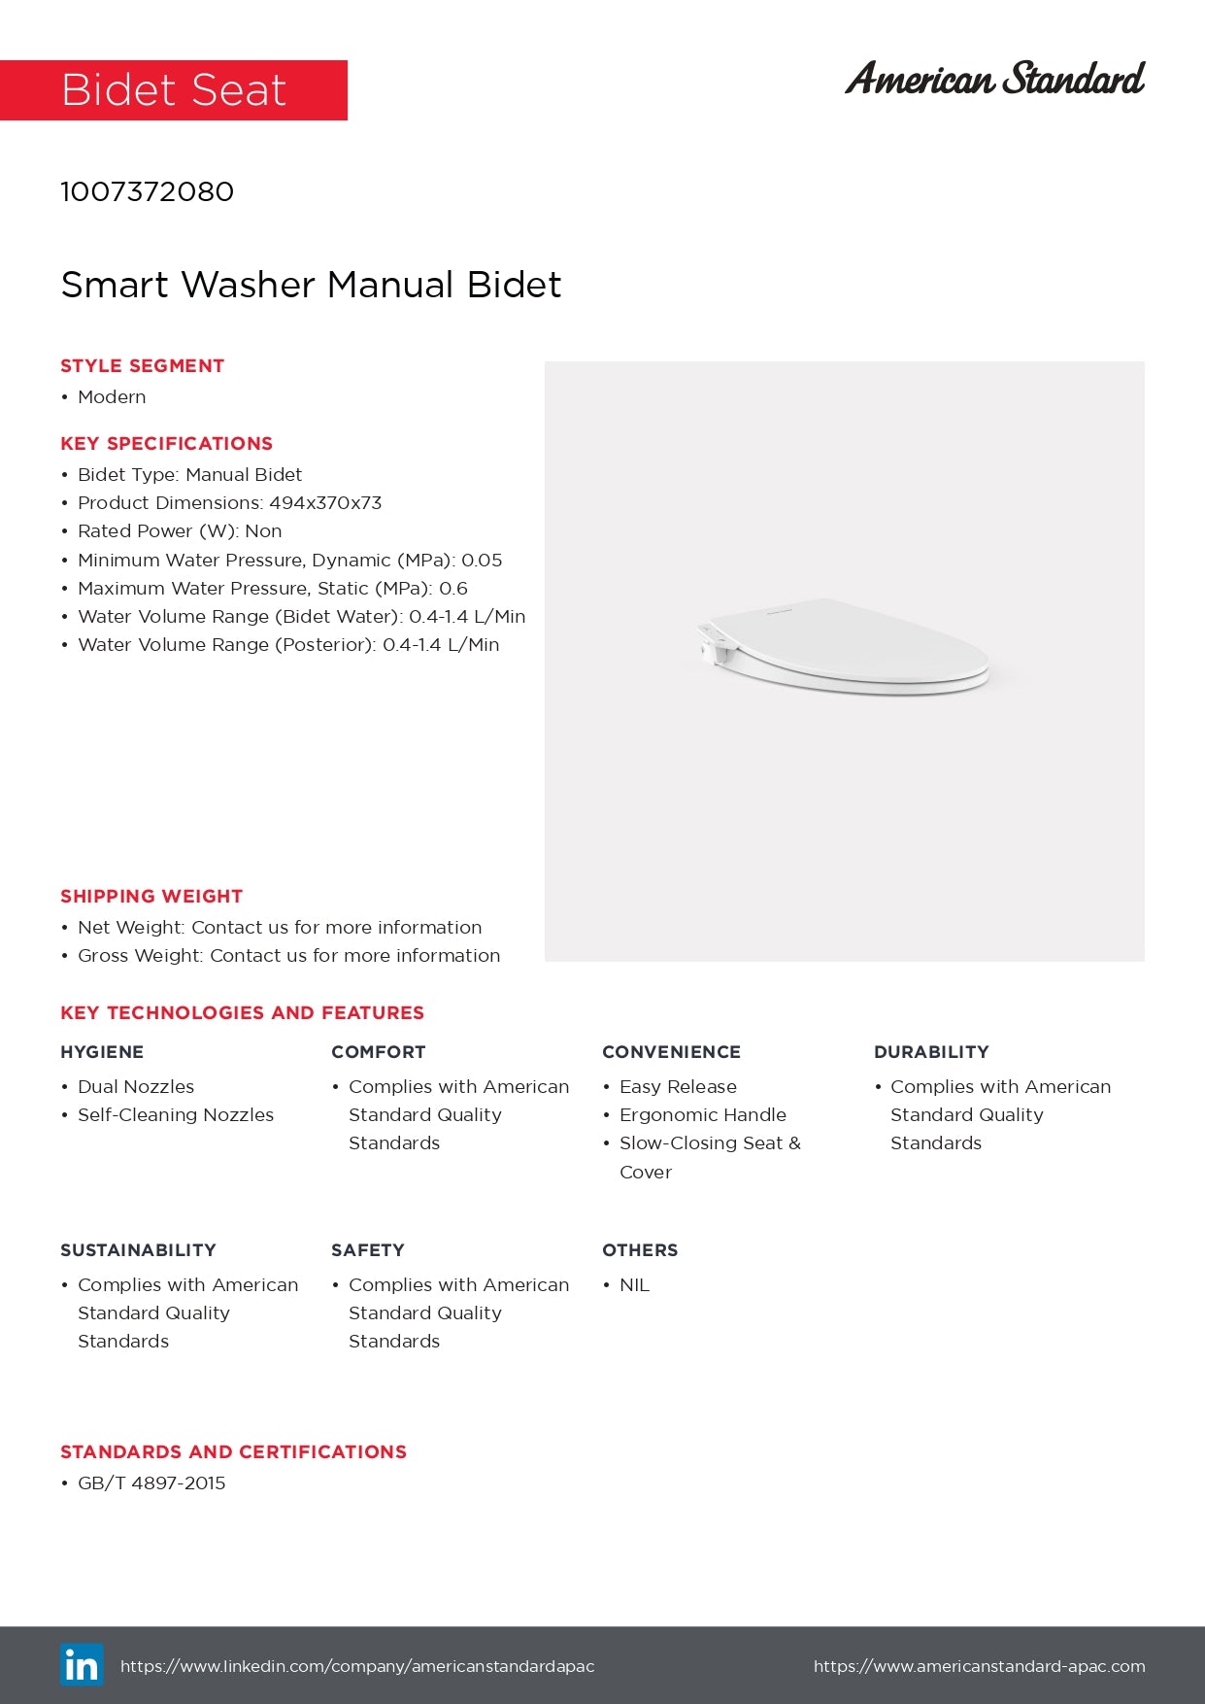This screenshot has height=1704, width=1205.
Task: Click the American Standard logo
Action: pyautogui.click(x=994, y=79)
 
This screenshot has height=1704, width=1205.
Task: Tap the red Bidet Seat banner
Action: pyautogui.click(x=174, y=90)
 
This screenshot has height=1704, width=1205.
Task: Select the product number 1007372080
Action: pyautogui.click(x=147, y=191)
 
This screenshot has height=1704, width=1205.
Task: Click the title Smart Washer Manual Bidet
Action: pyautogui.click(x=311, y=285)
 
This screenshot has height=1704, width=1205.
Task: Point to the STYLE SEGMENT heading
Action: pyautogui.click(x=142, y=366)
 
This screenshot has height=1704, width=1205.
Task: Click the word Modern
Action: pyautogui.click(x=112, y=397)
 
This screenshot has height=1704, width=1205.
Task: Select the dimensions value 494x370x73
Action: pyautogui.click(x=325, y=503)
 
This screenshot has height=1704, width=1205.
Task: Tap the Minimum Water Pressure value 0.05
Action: pyautogui.click(x=482, y=561)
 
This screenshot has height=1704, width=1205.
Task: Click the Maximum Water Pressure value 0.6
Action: pyautogui.click(x=453, y=589)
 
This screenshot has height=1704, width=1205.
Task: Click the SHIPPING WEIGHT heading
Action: pyautogui.click(x=151, y=897)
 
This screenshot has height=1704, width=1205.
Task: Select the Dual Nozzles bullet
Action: pyautogui.click(x=136, y=1087)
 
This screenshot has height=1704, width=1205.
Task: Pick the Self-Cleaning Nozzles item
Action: pyautogui.click(x=176, y=1115)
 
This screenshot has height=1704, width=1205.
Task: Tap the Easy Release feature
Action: pyautogui.click(x=678, y=1087)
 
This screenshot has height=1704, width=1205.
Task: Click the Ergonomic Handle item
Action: pyautogui.click(x=703, y=1115)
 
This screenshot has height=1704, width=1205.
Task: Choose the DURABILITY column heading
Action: pyautogui.click(x=931, y=1052)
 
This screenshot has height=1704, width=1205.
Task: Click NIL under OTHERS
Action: pyautogui.click(x=634, y=1285)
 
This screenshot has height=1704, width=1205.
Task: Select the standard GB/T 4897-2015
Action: pyautogui.click(x=151, y=1483)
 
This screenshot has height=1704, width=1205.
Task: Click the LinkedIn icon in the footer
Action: pyautogui.click(x=82, y=1665)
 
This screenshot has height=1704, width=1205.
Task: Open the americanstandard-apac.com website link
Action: pyautogui.click(x=979, y=1666)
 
